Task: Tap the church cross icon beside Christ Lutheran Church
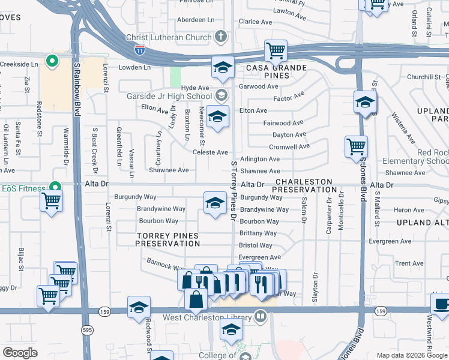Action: click(220, 37)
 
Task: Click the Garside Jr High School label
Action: click(169, 96)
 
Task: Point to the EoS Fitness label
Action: click(23, 189)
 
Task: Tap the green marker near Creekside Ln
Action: click(52, 61)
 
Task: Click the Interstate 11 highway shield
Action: click(139, 50)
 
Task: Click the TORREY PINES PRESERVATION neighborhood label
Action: click(167, 240)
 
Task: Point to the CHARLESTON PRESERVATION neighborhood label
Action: click(304, 185)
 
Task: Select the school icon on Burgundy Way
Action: click(215, 203)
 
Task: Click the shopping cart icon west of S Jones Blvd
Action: click(356, 146)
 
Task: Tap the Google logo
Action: click(20, 353)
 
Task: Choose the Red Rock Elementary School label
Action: click(424, 157)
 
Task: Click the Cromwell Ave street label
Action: click(289, 146)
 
